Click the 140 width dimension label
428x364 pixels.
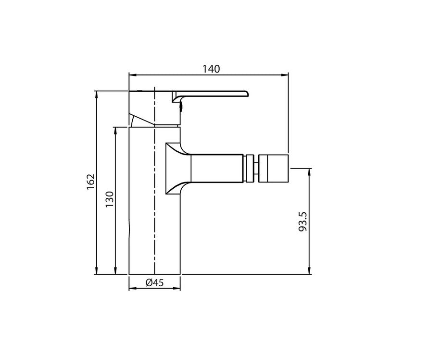[x=211, y=69]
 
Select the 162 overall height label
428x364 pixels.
[x=91, y=182]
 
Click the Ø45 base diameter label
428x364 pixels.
[x=154, y=283]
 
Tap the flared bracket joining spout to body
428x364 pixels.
[x=177, y=168]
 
